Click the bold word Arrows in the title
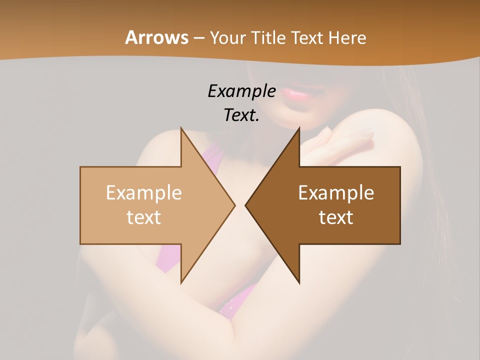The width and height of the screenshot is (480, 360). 156,37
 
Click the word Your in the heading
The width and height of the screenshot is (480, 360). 228,37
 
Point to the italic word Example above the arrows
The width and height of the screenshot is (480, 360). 241,91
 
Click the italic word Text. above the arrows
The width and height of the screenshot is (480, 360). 241,115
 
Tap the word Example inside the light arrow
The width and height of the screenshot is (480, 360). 144,193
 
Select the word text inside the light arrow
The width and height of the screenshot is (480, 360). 144,217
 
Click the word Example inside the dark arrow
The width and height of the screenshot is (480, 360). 336,193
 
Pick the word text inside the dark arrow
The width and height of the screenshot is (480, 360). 336,217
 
